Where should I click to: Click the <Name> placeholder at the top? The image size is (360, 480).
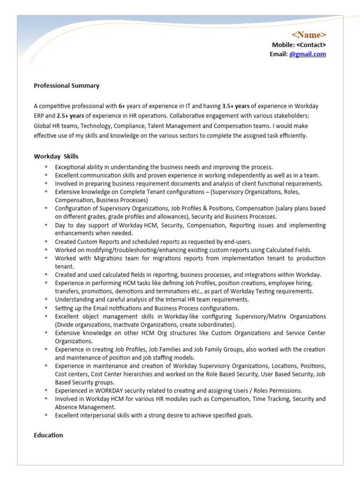pyautogui.click(x=309, y=35)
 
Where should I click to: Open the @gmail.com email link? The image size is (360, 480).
pyautogui.click(x=307, y=54)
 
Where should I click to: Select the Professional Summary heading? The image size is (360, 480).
pyautogui.click(x=67, y=86)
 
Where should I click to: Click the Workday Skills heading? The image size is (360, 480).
pyautogui.click(x=56, y=156)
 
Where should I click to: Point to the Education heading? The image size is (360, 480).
pyautogui.click(x=48, y=435)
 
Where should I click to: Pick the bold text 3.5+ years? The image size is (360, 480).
pyautogui.click(x=236, y=106)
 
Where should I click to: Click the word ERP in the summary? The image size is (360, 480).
pyautogui.click(x=39, y=116)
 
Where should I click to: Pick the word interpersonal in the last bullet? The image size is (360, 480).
pyautogui.click(x=98, y=415)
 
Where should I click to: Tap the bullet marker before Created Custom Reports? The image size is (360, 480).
pyautogui.click(x=46, y=242)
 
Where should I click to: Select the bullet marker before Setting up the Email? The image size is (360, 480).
pyautogui.click(x=46, y=308)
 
